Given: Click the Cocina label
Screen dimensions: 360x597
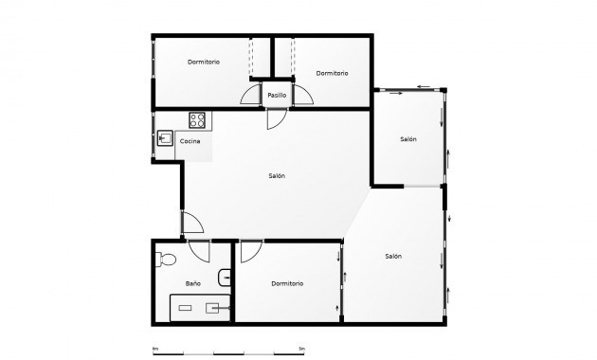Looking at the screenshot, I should (190, 141).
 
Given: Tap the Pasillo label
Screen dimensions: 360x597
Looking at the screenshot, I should (277, 96).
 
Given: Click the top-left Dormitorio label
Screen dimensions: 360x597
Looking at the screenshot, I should (204, 62).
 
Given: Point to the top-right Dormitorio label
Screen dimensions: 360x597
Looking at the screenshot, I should (332, 73).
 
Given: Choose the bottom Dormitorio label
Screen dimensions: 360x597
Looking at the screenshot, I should (286, 283).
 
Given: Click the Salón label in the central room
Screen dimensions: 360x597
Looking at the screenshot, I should (276, 176).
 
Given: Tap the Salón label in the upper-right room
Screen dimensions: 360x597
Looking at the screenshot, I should (408, 139).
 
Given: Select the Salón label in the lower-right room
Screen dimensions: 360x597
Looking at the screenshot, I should (393, 256).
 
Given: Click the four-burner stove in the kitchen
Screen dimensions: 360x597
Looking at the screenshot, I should (197, 120).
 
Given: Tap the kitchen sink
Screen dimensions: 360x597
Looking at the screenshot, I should (164, 139).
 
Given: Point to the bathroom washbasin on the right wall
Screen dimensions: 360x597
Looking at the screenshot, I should (224, 277).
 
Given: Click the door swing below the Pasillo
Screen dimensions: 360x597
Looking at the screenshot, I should (275, 119).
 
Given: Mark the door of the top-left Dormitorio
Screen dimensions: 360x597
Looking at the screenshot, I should (251, 96).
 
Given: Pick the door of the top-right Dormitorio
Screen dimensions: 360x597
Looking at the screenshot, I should (302, 96).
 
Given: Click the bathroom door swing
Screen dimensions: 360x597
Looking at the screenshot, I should (199, 251).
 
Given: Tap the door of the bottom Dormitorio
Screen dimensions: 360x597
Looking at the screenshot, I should (251, 251).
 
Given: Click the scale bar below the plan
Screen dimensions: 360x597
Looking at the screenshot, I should (227, 351).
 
